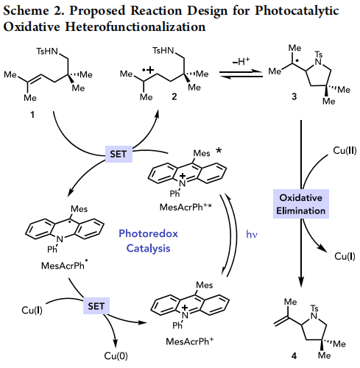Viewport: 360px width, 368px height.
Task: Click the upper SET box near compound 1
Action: pos(119,154)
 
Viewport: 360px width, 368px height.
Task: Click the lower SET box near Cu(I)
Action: pos(96,306)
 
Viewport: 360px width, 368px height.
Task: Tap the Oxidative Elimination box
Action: pos(301,204)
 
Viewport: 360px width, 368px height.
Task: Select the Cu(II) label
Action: pos(345,150)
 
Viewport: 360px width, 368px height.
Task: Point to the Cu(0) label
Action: pos(116,355)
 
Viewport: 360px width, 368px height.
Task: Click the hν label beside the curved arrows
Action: pos(252,234)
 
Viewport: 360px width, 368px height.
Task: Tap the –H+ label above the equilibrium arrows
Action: pos(241,61)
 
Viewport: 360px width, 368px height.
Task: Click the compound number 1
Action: pos(32,115)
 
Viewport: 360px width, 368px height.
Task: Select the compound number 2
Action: pos(174,96)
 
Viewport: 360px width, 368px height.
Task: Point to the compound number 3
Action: pos(294,96)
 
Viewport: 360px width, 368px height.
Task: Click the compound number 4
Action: pos(294,355)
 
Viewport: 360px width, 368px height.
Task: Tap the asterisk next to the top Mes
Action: pos(219,150)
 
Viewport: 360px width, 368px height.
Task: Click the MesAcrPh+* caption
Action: pos(186,207)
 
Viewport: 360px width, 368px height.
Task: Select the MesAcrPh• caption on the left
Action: pos(64,265)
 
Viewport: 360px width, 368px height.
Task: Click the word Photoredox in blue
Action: pos(148,233)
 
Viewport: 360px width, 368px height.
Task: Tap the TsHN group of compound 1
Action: pos(47,52)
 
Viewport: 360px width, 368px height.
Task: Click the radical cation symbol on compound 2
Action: pos(148,70)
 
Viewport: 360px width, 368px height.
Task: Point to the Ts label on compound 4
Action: pos(314,308)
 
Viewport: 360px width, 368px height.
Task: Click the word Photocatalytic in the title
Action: pos(297,11)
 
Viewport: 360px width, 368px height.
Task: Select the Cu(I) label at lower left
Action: pos(32,310)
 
